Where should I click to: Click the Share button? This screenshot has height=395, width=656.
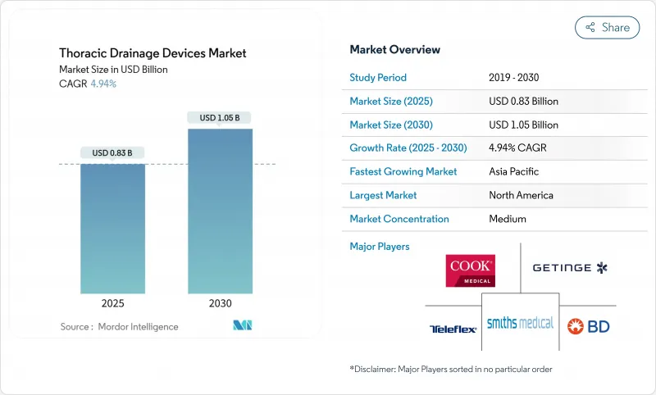tap(607, 27)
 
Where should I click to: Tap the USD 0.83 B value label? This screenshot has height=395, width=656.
tap(112, 152)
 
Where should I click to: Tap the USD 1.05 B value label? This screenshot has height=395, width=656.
tap(220, 117)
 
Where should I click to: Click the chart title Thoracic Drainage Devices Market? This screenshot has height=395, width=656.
tap(153, 53)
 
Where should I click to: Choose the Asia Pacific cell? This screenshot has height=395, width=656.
tap(513, 172)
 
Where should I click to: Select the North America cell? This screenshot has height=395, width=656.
tap(521, 195)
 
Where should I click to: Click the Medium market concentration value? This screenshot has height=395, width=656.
tap(508, 219)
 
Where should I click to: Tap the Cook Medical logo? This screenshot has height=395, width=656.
tap(469, 270)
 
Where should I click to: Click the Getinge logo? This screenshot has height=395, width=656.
tap(569, 268)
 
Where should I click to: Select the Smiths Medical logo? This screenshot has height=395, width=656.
tap(520, 322)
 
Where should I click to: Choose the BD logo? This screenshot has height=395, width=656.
tap(588, 326)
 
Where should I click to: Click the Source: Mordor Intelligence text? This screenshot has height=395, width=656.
tap(119, 327)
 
